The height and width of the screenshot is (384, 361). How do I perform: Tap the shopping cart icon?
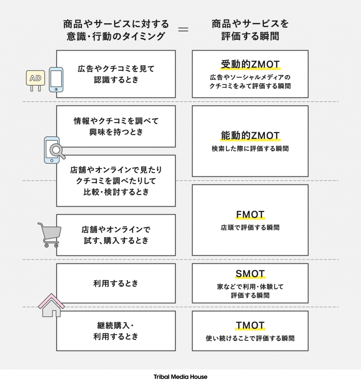point(49,234)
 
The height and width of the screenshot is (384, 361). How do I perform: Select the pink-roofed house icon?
point(51,305)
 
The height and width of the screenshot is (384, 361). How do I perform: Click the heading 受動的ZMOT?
point(250,64)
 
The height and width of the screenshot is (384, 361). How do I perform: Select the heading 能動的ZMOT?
point(250,136)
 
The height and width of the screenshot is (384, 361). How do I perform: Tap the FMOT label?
point(250,214)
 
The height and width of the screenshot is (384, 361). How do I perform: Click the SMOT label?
point(250,274)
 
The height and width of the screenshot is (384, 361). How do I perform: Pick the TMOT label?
point(250,326)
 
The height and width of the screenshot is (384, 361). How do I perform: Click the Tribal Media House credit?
point(180,377)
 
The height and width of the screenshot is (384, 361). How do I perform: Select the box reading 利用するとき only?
point(116,283)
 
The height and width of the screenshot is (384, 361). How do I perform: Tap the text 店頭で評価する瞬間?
point(250,228)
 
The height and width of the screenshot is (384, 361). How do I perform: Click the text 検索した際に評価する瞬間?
point(250,149)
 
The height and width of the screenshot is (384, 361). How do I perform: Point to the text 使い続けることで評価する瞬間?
point(250,339)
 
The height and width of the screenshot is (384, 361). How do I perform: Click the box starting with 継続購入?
point(116,331)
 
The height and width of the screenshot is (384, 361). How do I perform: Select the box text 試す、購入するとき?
point(116,241)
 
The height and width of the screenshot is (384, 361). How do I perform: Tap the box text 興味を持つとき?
point(116,132)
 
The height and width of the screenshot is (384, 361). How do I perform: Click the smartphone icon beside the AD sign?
point(56,80)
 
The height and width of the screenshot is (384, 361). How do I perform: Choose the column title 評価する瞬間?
point(250,36)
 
